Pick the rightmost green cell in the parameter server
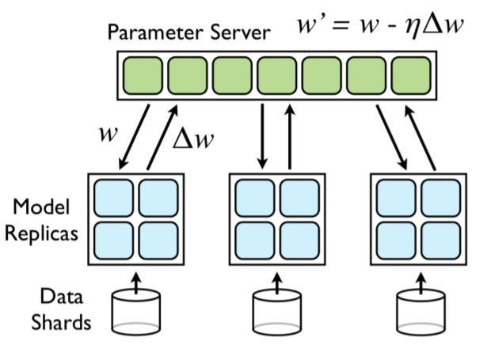(x=409, y=77)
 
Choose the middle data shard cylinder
(x=276, y=312)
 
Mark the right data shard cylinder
(x=418, y=312)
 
